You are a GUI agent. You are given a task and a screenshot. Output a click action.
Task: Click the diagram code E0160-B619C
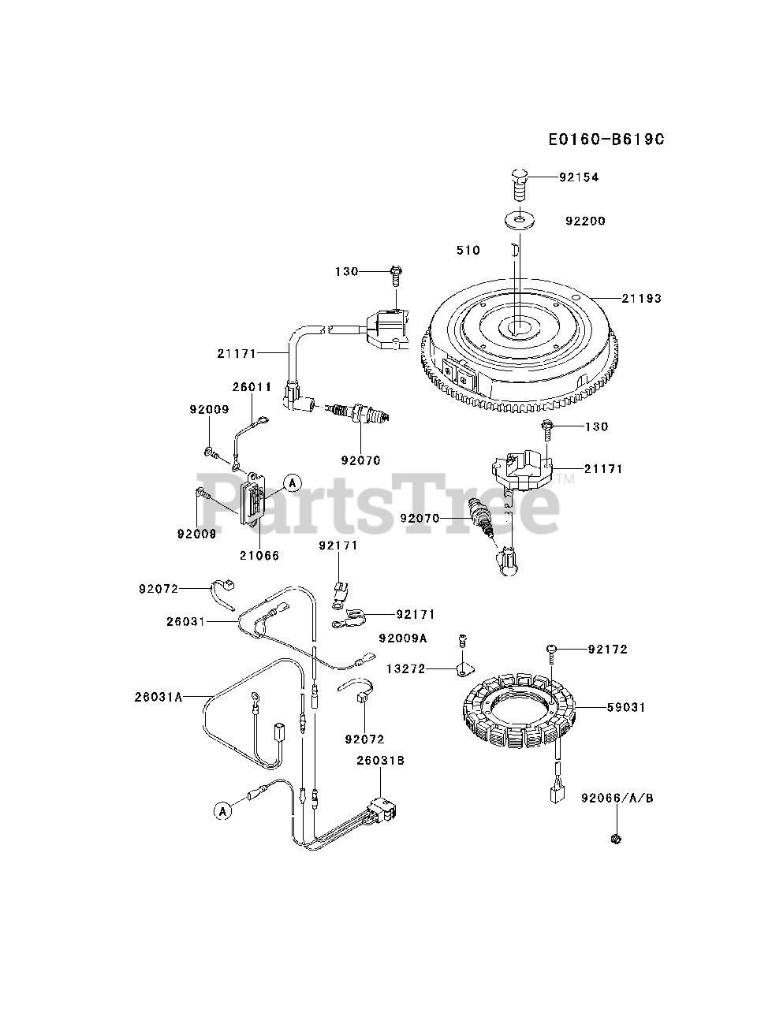[x=606, y=140]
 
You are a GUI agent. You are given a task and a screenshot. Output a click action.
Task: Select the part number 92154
[x=579, y=177]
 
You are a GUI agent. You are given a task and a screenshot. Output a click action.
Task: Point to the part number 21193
[x=641, y=299]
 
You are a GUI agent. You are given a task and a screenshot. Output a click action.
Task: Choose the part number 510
[x=468, y=251]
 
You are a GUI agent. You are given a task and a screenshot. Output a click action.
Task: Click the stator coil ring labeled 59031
[x=521, y=709]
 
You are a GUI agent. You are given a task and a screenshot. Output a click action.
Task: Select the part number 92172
[x=608, y=650]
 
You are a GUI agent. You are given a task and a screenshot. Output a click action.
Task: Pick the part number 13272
[x=405, y=669]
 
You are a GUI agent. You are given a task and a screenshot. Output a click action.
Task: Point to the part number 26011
[x=252, y=387]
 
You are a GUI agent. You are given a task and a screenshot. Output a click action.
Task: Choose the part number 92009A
[x=402, y=638]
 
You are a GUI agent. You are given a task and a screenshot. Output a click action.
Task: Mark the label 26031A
[x=159, y=697]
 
